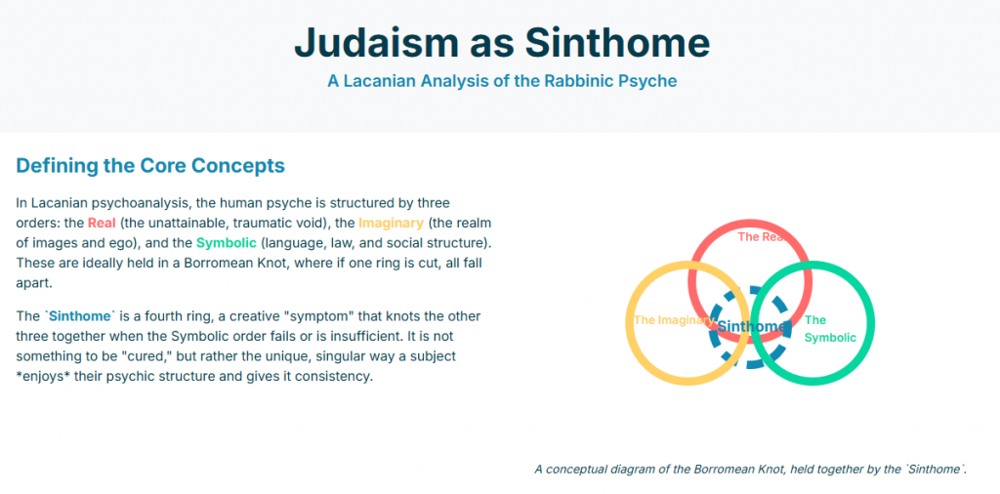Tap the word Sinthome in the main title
pos(617,42)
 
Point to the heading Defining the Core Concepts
pos(150,166)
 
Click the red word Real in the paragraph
pos(102,224)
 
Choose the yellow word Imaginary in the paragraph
pos(391,224)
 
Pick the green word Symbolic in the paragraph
pos(227,243)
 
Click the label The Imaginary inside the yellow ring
pos(673,320)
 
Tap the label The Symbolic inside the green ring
pos(830,329)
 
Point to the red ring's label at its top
pos(759,237)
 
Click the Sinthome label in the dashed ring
pos(751,326)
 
